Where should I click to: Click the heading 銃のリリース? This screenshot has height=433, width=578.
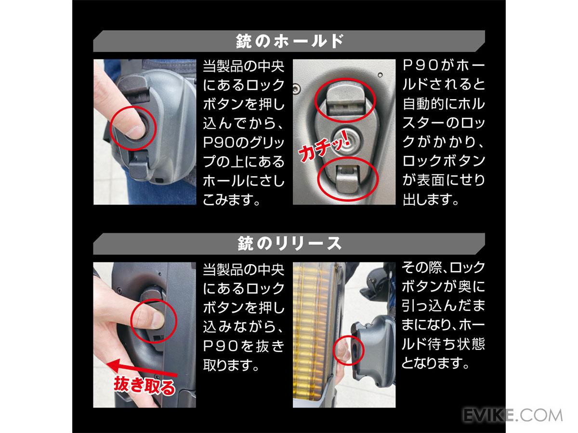(289, 243)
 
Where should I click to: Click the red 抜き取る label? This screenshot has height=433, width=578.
(144, 385)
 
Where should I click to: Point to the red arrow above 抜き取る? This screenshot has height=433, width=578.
(143, 369)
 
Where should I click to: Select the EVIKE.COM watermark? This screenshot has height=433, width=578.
(512, 416)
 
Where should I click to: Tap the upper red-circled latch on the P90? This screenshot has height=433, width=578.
(345, 101)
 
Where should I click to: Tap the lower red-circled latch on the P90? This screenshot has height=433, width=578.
(348, 179)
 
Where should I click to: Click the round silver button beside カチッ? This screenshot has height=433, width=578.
(348, 142)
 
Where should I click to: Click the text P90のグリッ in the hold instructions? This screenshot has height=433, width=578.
(244, 142)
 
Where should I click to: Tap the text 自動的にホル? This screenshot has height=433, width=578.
(444, 103)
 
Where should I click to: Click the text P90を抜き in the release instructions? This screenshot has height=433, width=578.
(244, 346)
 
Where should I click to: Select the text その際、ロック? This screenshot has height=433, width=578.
(444, 267)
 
